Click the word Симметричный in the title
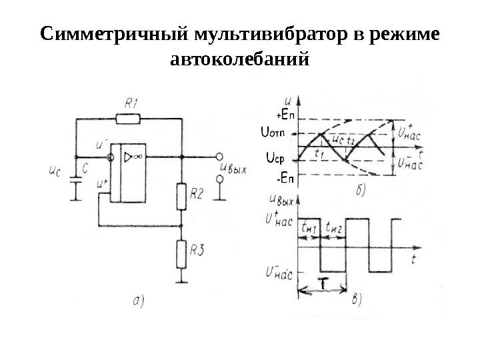pos(115,34)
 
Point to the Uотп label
pos(271,133)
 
